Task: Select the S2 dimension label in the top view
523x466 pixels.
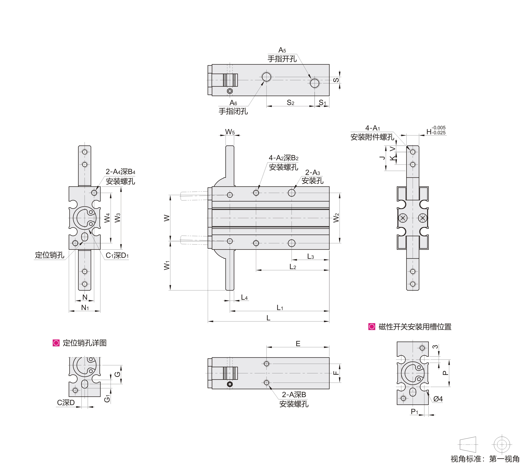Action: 290,103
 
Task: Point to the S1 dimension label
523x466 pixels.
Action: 322,103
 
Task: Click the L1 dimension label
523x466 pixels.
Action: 280,308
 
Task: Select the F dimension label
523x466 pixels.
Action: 336,373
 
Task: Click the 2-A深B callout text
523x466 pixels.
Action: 294,395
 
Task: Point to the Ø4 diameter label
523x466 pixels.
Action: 438,399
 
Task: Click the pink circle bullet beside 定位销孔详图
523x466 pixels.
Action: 56,343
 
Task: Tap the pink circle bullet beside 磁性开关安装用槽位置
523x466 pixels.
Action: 372,327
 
